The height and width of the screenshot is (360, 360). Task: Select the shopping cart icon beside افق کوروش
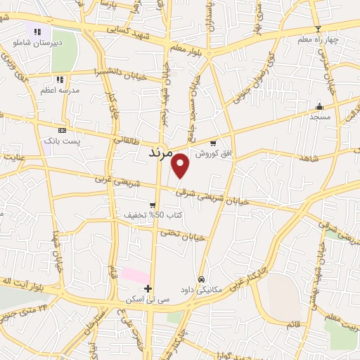(224, 142)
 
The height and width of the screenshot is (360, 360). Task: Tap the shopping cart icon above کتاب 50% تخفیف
(153, 205)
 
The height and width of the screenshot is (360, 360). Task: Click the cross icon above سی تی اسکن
(148, 288)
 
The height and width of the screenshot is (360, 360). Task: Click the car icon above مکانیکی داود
(202, 279)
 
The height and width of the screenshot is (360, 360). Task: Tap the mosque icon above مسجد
(319, 107)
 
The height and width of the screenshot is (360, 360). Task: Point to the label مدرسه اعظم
(64, 91)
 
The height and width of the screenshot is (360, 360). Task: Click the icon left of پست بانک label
(62, 130)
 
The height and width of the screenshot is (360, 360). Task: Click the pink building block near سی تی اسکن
(135, 276)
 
